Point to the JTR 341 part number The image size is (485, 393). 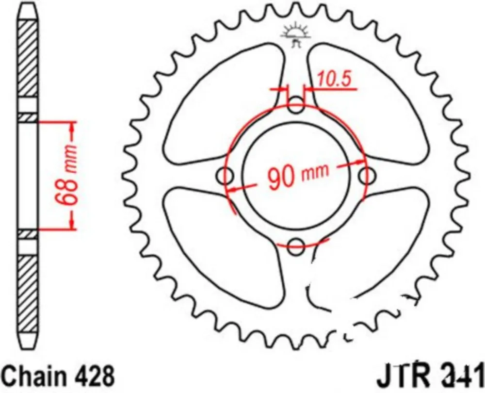(x=429, y=376)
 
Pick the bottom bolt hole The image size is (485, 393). (x=296, y=244)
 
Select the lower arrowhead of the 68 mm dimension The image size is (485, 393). (x=73, y=224)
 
